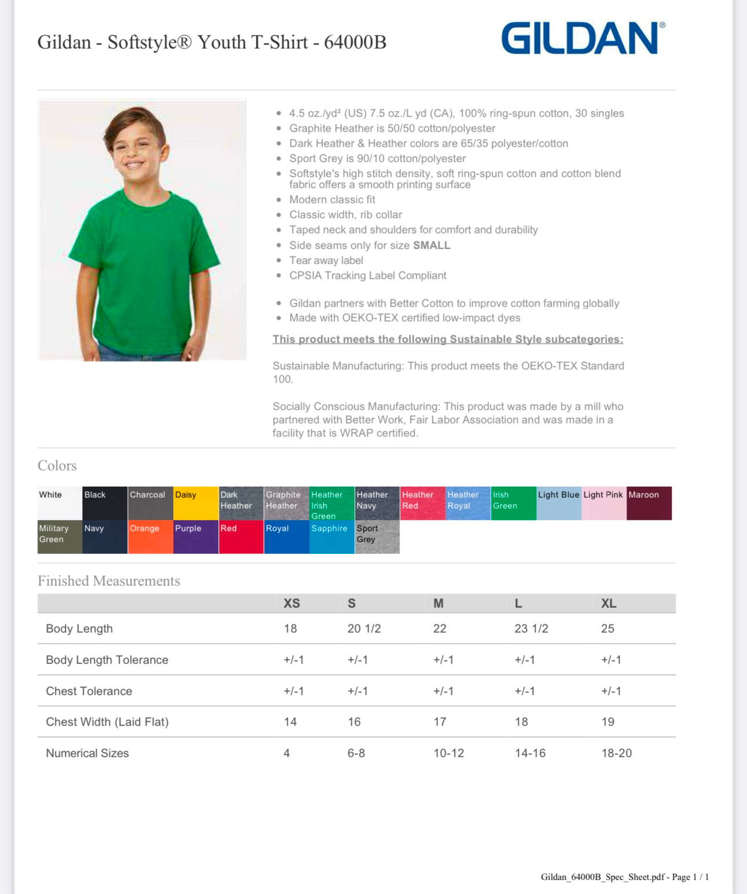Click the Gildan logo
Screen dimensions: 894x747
click(583, 38)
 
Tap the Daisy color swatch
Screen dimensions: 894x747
click(196, 503)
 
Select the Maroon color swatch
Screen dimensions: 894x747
click(649, 503)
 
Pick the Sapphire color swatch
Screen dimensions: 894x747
click(332, 537)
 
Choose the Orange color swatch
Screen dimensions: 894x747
click(150, 537)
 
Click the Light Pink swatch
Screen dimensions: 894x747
click(603, 503)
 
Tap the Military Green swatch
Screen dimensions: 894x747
click(60, 537)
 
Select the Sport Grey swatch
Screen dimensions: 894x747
click(377, 537)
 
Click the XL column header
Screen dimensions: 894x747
click(609, 603)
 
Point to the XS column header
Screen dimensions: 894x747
click(292, 603)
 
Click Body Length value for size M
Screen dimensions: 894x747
click(440, 629)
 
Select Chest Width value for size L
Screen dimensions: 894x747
click(521, 722)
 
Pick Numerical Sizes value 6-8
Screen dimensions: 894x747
click(356, 753)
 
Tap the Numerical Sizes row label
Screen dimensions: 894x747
click(87, 753)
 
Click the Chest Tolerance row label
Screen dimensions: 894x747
click(89, 691)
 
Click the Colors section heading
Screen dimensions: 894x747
click(57, 466)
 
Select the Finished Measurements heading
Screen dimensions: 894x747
click(109, 581)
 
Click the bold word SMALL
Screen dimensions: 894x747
click(431, 245)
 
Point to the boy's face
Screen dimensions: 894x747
click(134, 148)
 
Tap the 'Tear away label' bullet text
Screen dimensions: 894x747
click(326, 261)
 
